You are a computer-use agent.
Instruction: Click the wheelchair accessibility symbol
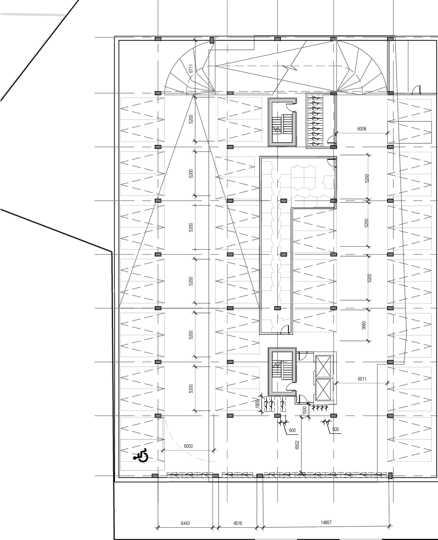(x=141, y=455)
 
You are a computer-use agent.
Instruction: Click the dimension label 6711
(x=192, y=69)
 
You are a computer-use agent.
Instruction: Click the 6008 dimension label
(x=362, y=129)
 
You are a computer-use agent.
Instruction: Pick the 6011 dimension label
(x=362, y=379)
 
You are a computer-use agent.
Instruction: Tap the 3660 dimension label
(x=364, y=325)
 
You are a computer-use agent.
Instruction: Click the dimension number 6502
(x=297, y=444)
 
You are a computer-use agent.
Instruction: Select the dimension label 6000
(x=188, y=446)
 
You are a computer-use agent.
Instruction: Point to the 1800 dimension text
(x=257, y=404)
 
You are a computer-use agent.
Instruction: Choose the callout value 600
(x=292, y=430)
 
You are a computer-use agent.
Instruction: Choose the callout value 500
(x=335, y=429)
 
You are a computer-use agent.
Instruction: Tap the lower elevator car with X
(x=323, y=390)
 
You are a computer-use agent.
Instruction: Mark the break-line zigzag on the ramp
(x=292, y=68)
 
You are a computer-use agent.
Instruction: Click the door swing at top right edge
(x=416, y=90)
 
